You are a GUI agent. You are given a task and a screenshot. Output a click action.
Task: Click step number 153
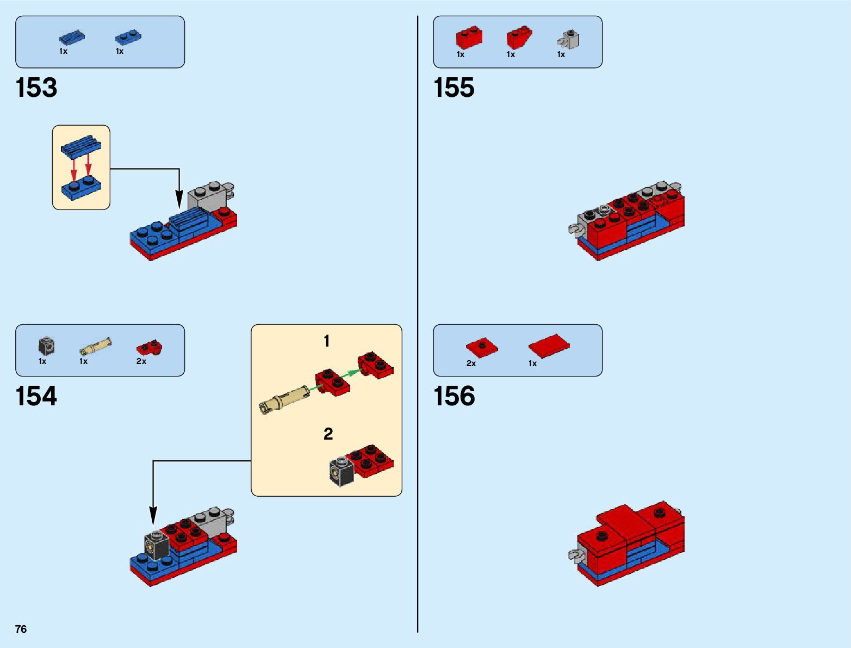(36, 88)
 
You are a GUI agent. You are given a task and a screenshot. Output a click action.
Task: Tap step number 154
(36, 396)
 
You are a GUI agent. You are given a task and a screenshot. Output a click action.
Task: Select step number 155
(454, 88)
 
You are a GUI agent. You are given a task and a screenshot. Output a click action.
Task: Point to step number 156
(454, 396)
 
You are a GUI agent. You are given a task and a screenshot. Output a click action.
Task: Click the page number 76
(21, 629)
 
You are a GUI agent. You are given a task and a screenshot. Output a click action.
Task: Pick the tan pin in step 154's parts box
(96, 346)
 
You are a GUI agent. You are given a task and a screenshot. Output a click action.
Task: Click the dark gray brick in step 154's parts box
(47, 346)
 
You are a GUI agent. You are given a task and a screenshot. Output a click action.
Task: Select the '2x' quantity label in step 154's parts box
(141, 361)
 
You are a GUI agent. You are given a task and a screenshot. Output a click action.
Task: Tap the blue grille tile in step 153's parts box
(72, 37)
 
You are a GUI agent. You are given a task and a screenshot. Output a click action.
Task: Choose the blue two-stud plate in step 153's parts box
(128, 37)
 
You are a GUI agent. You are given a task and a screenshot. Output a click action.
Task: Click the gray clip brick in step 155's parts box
(569, 40)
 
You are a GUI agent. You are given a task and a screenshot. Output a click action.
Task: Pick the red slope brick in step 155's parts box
(519, 37)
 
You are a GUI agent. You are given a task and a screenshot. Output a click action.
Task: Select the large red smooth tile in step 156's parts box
(549, 345)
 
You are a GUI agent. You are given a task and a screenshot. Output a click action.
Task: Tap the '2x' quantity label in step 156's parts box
(471, 363)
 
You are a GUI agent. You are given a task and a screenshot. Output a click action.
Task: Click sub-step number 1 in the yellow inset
(326, 341)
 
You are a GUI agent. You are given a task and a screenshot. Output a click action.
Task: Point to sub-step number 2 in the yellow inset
(328, 434)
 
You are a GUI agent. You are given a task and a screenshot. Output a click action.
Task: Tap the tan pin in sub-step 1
(284, 399)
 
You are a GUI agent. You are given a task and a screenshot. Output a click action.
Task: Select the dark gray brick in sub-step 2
(341, 471)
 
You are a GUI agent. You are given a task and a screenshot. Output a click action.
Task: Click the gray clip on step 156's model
(575, 556)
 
